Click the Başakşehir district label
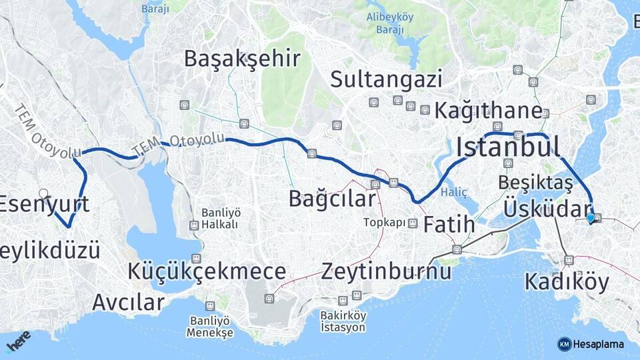click(242, 59)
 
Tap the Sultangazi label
click(387, 80)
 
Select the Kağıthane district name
click(488, 111)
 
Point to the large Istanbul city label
click(507, 147)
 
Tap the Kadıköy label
click(567, 282)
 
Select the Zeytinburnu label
click(386, 271)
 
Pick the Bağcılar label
click(332, 199)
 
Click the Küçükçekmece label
click(207, 271)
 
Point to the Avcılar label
click(128, 302)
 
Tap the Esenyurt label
click(44, 204)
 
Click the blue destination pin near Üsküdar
click(590, 218)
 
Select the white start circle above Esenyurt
click(43, 193)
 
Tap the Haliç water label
click(460, 192)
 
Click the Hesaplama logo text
click(599, 344)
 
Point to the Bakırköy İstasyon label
click(343, 321)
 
